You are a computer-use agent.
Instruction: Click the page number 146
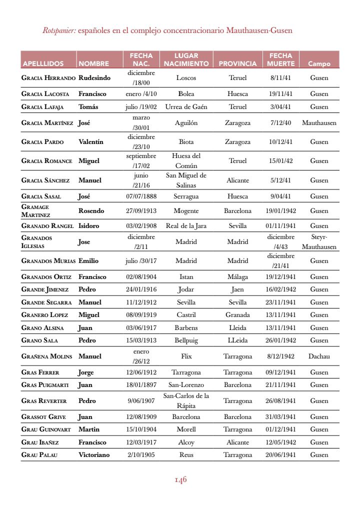click(x=180, y=480)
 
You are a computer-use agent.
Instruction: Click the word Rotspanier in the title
click(x=59, y=30)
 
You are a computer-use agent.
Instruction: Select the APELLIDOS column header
click(x=43, y=64)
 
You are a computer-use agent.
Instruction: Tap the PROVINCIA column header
click(x=237, y=64)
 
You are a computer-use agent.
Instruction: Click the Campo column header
click(x=319, y=64)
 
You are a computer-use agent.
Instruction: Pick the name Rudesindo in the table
click(x=94, y=78)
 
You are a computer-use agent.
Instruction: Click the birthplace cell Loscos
click(x=186, y=78)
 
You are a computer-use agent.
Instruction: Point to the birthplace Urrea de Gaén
click(x=186, y=107)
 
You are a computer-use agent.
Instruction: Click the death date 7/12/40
click(x=280, y=123)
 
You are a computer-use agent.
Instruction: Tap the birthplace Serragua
click(x=186, y=196)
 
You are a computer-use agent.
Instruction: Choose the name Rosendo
click(x=91, y=211)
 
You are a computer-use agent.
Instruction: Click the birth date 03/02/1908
click(x=141, y=226)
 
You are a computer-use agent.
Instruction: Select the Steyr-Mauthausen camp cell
click(x=319, y=242)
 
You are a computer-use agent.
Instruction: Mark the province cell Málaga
click(x=237, y=277)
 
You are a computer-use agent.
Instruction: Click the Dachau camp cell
click(x=319, y=356)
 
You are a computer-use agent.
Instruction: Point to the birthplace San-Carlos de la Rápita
click(x=186, y=401)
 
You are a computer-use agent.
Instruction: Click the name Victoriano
click(x=94, y=455)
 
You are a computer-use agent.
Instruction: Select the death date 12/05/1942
click(x=280, y=442)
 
